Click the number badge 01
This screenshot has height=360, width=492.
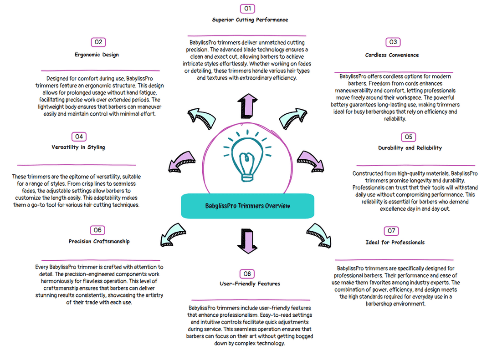[x=247, y=9]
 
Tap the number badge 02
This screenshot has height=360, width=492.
[x=98, y=42]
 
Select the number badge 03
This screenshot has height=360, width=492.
[x=393, y=42]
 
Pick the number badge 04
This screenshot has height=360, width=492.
[x=79, y=137]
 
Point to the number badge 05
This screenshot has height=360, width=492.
[x=408, y=137]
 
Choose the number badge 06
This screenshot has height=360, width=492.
[x=97, y=230]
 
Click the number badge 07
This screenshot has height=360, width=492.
[x=391, y=231]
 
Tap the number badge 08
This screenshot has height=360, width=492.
[x=247, y=274]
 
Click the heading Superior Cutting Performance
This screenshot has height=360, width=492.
[x=250, y=20]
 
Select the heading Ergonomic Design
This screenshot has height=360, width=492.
[x=97, y=55]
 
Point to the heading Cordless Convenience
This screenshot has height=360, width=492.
[x=392, y=55]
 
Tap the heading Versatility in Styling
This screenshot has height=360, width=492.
[x=78, y=147]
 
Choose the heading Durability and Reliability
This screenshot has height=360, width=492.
[x=410, y=148]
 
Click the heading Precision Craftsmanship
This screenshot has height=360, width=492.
[x=99, y=241]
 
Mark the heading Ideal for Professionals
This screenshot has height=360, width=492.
[x=395, y=243]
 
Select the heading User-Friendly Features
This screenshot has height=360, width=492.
[x=250, y=284]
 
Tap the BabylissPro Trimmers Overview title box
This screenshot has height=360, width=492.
[x=247, y=206]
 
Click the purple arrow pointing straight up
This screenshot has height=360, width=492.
[x=247, y=106]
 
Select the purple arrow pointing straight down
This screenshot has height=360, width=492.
[x=247, y=241]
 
